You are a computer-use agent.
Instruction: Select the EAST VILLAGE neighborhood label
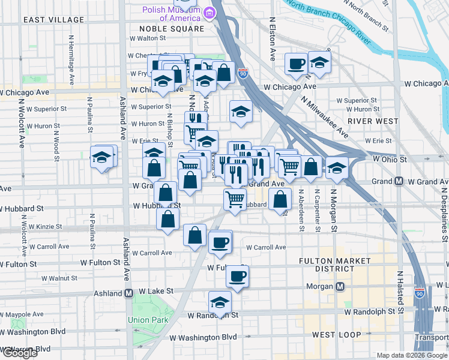(54, 20)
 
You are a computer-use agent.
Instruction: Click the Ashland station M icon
(128, 294)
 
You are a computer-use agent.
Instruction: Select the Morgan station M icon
(340, 287)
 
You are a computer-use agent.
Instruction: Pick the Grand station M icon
(399, 181)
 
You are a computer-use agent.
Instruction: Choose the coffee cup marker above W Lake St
(237, 277)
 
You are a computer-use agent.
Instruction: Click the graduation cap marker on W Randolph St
(220, 302)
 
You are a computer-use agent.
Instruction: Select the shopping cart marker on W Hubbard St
(235, 199)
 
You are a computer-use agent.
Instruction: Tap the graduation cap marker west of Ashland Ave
(102, 157)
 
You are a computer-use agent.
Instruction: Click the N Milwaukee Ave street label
(325, 117)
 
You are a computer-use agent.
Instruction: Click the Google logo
(19, 353)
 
